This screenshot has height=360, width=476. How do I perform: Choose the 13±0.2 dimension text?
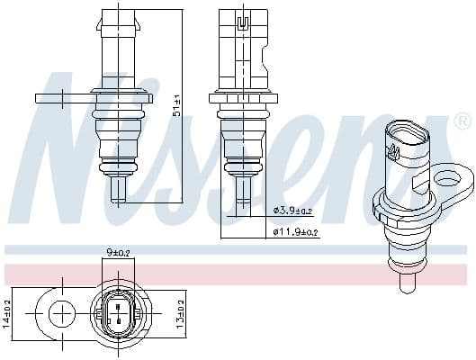[179, 314]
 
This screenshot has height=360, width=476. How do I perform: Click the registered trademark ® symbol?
[462, 121]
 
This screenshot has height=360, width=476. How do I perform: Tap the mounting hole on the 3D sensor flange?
[445, 182]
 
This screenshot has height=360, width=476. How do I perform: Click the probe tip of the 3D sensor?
[406, 283]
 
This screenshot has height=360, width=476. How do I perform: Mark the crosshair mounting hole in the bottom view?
[62, 314]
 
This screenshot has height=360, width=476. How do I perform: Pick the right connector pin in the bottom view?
[126, 314]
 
